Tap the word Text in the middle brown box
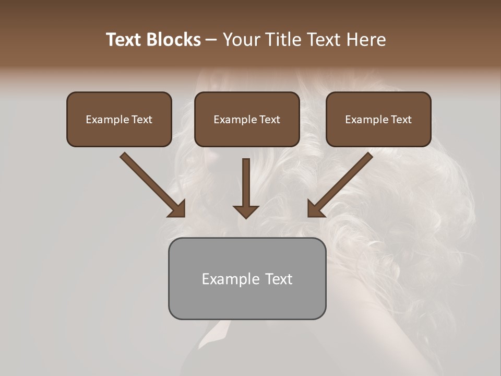pos(270,120)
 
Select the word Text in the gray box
pos(279,279)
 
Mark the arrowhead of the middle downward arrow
pos(246,211)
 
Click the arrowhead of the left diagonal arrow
pos(177,209)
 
